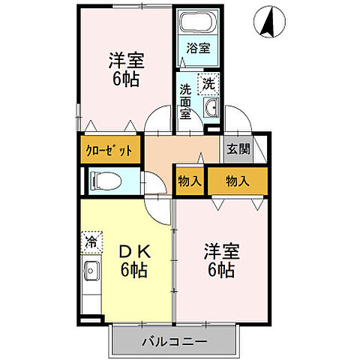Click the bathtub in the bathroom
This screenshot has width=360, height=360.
point(199,22)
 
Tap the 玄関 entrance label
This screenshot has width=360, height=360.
point(238,148)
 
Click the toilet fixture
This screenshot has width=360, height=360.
point(105,181)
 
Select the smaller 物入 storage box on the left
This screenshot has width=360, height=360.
point(190,181)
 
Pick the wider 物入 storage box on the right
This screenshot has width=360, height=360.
point(237,181)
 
